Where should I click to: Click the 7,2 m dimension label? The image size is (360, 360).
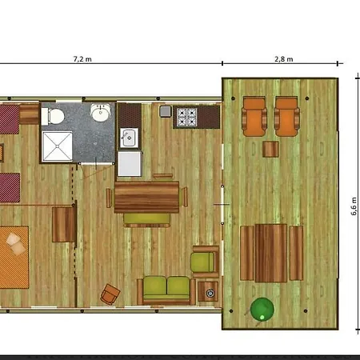[82, 59]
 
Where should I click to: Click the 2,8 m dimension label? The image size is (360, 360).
[284, 59]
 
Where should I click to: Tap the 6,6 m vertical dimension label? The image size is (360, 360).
[354, 206]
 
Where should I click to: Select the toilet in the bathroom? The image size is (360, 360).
[53, 117]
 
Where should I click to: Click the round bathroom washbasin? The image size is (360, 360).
[100, 112]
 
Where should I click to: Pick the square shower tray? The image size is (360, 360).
[57, 146]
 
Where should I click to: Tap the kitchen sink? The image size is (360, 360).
[129, 138]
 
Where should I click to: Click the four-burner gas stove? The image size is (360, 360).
[187, 117]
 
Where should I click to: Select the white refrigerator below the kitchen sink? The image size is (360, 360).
[130, 164]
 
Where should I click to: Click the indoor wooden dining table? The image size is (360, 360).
[146, 198]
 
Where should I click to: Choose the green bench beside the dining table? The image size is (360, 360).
[147, 220]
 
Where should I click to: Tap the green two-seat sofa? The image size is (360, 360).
[166, 290]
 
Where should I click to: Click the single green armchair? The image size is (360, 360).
[205, 262]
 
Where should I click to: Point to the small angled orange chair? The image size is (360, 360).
[110, 294]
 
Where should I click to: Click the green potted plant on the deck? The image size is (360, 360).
[262, 310]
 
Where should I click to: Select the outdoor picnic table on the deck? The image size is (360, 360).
[271, 253]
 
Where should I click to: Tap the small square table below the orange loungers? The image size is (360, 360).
[270, 149]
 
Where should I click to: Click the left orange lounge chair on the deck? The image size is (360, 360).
[254, 117]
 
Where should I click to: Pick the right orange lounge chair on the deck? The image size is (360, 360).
[286, 117]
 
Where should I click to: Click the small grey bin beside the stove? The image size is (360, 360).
[166, 111]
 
